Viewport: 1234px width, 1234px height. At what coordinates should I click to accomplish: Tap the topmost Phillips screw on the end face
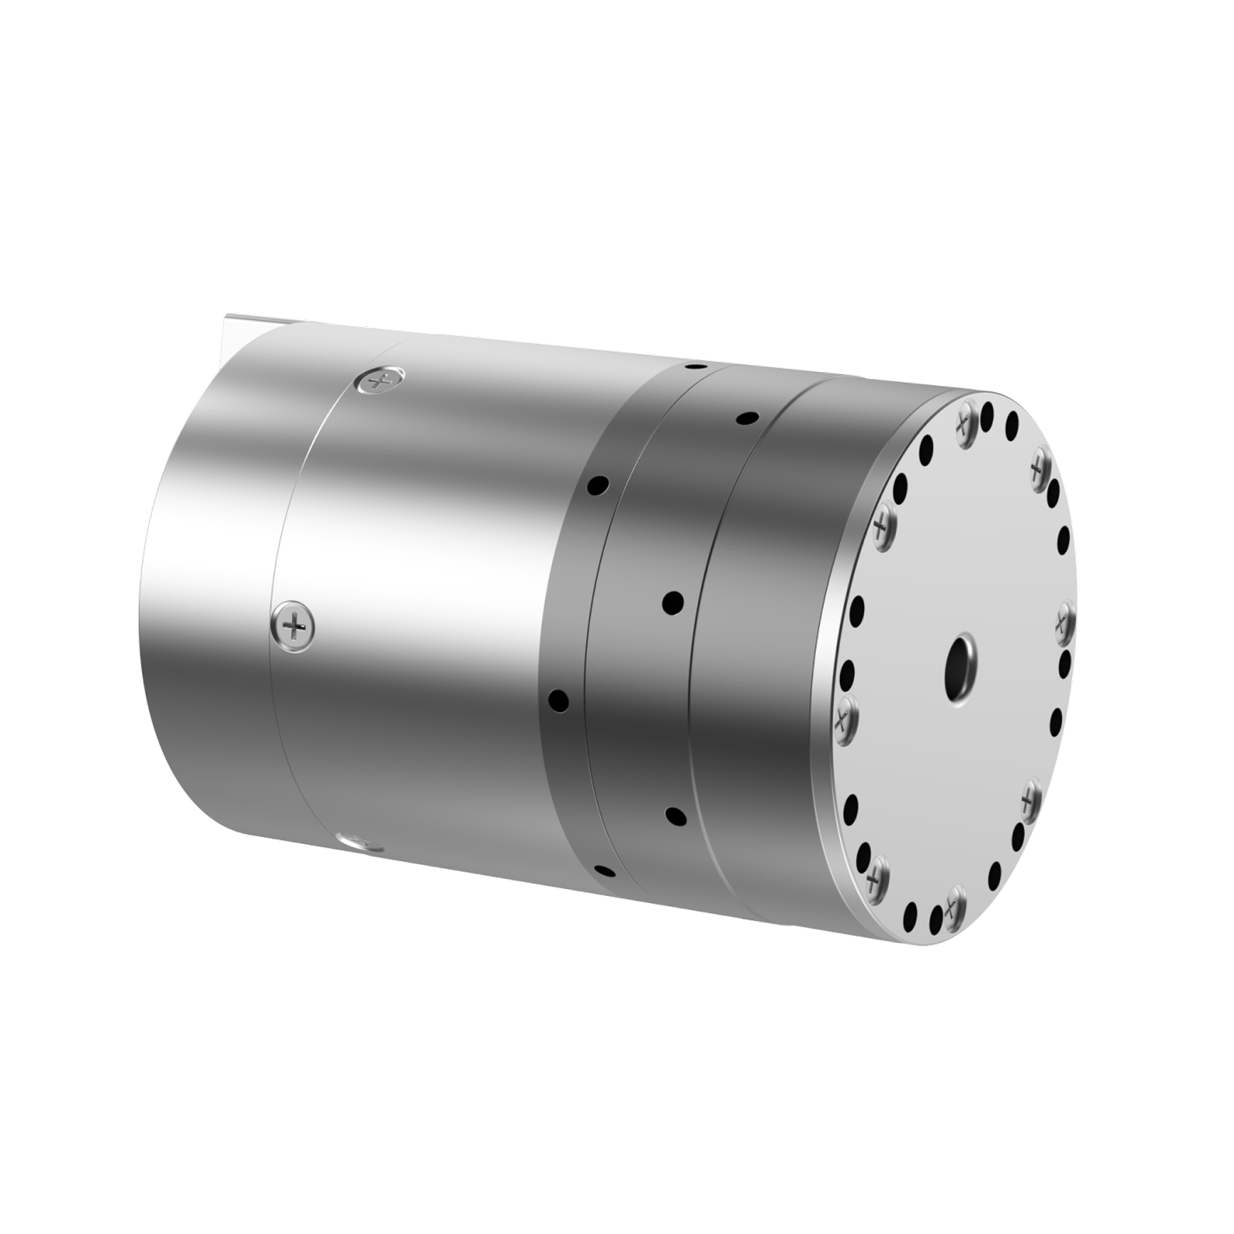tap(963, 422)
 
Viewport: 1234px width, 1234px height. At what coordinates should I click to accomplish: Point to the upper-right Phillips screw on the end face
tap(1040, 470)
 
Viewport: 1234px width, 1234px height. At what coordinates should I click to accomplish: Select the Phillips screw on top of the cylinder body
tap(380, 382)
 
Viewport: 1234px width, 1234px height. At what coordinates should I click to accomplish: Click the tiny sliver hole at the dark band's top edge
tap(693, 367)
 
